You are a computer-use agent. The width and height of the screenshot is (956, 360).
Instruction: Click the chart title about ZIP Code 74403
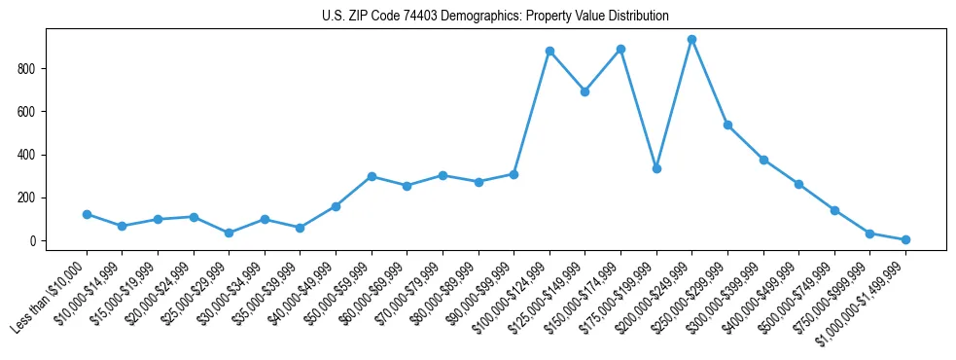(x=495, y=16)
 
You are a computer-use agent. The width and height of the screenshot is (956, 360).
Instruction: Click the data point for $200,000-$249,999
(x=691, y=40)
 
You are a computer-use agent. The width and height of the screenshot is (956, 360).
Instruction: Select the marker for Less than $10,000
(x=87, y=214)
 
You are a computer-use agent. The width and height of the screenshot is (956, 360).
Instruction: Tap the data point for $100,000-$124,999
(x=549, y=51)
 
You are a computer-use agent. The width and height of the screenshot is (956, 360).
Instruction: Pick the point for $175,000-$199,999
(x=656, y=168)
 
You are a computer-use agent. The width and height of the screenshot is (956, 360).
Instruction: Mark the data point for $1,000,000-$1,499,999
(x=905, y=239)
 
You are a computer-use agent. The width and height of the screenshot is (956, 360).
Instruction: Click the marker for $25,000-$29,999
(x=229, y=233)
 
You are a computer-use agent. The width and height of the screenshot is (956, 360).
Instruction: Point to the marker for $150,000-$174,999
(x=620, y=49)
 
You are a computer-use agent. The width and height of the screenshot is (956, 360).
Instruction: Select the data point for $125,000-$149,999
(x=584, y=91)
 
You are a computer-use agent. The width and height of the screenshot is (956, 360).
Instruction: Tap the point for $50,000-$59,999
(x=372, y=176)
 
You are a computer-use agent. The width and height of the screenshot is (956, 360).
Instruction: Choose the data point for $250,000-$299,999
(x=727, y=126)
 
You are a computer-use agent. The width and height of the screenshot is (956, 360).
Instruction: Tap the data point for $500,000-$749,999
(x=834, y=210)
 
